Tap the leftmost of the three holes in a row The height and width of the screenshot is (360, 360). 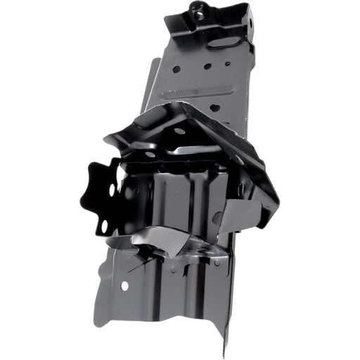click(x=176, y=70)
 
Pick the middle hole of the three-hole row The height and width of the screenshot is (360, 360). click(x=207, y=67)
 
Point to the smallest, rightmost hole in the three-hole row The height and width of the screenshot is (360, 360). click(x=227, y=64)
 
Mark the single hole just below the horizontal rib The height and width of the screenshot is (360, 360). click(x=214, y=108)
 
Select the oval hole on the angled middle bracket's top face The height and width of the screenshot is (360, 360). click(x=180, y=131)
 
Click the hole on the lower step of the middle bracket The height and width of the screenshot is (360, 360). click(x=150, y=154)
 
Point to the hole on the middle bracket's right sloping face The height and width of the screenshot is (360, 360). click(x=239, y=160)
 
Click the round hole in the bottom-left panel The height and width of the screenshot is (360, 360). click(x=124, y=285)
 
